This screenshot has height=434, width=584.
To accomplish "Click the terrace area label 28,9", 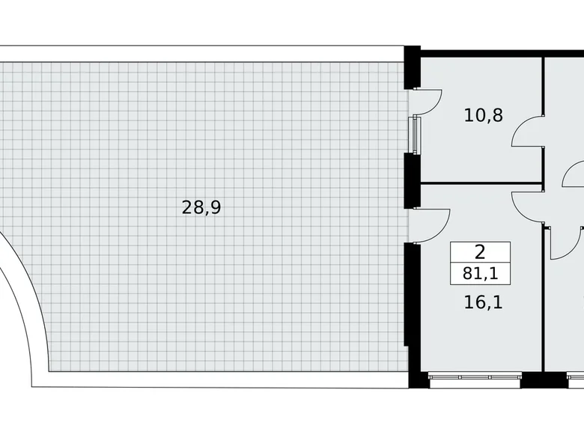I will click(x=201, y=208).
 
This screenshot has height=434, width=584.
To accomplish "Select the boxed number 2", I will click(x=480, y=252).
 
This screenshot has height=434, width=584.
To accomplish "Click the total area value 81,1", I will click(x=480, y=273).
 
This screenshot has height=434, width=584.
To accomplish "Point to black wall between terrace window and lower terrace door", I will click(x=411, y=180).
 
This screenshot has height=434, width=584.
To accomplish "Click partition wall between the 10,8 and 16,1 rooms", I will click(x=479, y=183).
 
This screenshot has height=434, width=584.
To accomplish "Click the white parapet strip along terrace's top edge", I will click(x=202, y=54).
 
